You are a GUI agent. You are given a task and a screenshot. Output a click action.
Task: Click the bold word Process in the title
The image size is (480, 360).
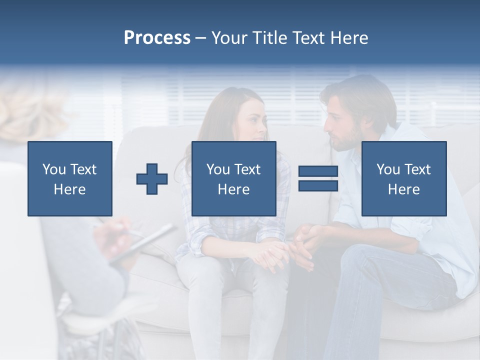pos(157,38)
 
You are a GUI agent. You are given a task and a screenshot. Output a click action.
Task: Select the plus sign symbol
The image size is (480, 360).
pos(152,179)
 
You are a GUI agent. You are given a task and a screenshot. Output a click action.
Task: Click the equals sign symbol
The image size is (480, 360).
pos(318,179)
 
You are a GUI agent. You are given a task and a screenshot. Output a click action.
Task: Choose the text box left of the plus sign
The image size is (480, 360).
pos(70,179)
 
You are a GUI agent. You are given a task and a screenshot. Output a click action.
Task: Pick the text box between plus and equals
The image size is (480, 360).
pos(233,179)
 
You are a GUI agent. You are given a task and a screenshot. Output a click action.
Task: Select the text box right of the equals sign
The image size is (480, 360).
pos(403,179)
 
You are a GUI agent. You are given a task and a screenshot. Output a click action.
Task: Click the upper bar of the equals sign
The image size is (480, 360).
pos(318,171)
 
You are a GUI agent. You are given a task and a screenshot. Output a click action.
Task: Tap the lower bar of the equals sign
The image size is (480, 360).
pos(318,186)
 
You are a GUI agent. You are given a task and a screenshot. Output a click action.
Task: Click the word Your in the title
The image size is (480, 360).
pos(229,38)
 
